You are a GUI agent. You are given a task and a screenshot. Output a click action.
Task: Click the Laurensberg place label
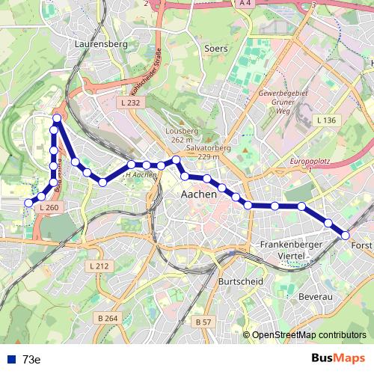click(102, 44)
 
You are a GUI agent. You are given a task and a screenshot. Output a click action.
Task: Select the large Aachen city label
click(199, 194)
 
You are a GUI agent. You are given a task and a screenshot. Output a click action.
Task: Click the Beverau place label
click(315, 297)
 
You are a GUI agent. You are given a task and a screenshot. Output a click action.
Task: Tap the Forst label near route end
click(361, 245)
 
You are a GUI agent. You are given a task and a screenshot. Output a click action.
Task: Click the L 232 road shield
click(129, 101)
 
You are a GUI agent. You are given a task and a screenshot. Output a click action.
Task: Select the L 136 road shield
click(326, 120)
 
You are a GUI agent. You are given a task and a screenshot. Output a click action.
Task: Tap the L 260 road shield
click(47, 207)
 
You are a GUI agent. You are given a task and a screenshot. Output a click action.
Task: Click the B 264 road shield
click(108, 319)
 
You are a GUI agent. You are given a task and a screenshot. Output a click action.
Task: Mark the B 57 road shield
click(203, 322)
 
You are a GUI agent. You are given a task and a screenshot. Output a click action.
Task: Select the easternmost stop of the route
click(346, 235)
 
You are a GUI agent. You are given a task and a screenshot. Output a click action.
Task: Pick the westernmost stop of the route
click(29, 202)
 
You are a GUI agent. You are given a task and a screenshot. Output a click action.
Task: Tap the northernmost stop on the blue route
click(57, 119)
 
